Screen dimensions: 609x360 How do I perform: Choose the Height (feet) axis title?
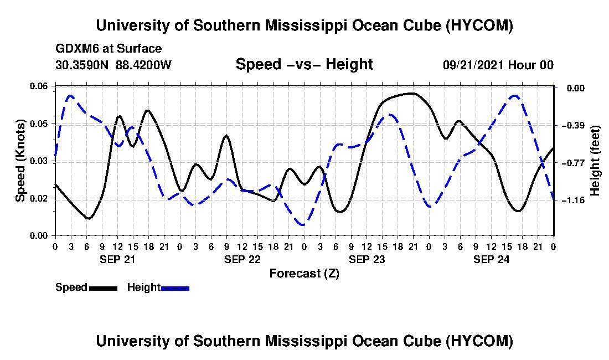tap(595, 161)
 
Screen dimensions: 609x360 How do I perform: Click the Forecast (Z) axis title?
tap(304, 274)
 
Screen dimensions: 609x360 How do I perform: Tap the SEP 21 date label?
tap(118, 259)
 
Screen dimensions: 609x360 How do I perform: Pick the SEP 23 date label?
tap(367, 259)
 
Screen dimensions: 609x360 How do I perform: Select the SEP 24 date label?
tap(491, 259)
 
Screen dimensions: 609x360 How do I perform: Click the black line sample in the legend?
tap(104, 288)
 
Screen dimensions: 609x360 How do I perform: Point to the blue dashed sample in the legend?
tap(175, 288)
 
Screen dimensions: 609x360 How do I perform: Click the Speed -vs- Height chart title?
tap(304, 64)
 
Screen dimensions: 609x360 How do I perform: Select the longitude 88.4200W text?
tap(143, 65)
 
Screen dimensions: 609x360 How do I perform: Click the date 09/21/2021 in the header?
tap(473, 65)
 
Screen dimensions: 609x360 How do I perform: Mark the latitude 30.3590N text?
tap(82, 65)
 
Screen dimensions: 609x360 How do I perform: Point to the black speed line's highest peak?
tap(412, 93)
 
